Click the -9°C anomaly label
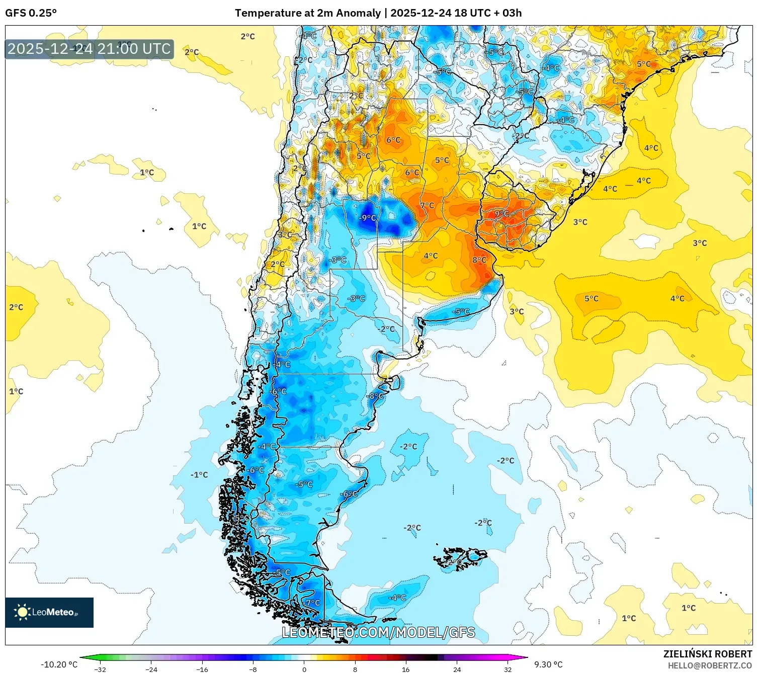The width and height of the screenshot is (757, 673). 368,218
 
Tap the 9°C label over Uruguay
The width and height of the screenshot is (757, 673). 501,213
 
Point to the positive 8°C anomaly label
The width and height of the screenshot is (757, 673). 479,260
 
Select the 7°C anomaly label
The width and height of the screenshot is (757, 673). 427,205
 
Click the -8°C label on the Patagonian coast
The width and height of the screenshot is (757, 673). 375,396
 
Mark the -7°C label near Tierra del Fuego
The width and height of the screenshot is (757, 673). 312,603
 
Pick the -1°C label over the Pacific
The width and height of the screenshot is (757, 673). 199,475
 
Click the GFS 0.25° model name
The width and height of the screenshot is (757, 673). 31,13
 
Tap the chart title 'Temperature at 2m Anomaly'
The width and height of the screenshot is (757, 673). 307,13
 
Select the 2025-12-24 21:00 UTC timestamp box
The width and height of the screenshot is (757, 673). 90,49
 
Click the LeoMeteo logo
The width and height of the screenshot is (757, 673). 49,612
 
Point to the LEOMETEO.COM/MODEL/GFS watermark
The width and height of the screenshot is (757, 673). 378,632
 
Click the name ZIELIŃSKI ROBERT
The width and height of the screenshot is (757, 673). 708,654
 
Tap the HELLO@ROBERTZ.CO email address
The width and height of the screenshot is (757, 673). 710,665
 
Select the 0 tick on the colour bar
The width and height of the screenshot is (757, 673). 304,669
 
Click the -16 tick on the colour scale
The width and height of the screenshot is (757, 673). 202,669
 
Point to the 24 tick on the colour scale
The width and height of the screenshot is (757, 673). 457,669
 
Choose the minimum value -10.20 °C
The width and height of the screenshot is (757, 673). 59,664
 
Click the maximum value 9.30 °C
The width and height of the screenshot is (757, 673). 548,664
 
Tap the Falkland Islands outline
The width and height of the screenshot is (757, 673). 460,558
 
